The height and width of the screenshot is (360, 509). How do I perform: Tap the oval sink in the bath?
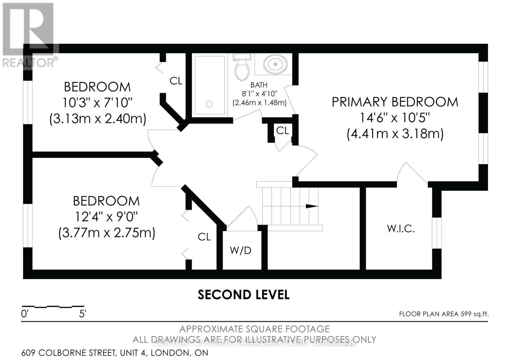point(275,64)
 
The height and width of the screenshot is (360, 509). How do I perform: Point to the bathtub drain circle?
point(209,104)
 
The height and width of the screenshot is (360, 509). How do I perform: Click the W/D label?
point(241,251)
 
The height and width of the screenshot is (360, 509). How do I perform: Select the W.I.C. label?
point(401,229)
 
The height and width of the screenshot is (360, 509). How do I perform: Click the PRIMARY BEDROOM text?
point(395,102)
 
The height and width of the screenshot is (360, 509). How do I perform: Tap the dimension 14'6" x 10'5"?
point(395,118)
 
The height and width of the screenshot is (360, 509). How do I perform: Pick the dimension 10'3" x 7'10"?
point(97,103)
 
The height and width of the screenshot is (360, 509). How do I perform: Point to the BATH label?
point(259,85)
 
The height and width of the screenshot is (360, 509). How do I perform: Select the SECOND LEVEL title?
point(243,295)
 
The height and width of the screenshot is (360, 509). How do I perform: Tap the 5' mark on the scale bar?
point(83,314)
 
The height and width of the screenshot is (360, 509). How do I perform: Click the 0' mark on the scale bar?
point(25,314)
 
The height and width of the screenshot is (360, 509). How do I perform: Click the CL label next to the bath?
point(282,131)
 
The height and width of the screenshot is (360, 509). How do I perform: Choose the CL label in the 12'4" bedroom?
point(204,237)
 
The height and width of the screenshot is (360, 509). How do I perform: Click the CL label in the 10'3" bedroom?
point(176,81)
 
